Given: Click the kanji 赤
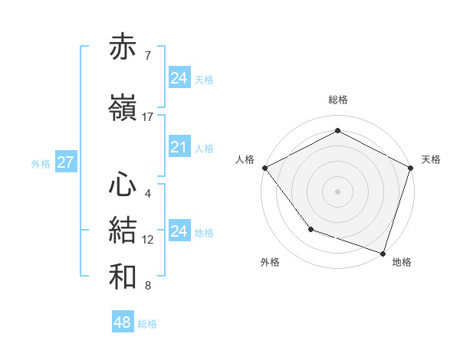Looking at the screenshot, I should [123, 47].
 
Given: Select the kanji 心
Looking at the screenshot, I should [123, 185].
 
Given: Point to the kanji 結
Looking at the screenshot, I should [123, 231].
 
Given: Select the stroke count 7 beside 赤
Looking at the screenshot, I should [147, 56].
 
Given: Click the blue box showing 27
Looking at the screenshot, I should [65, 162].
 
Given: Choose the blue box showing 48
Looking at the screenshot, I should [123, 322].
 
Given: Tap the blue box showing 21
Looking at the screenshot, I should [179, 147].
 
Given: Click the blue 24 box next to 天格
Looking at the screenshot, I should [179, 77].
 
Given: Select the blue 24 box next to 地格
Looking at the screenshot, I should [179, 231].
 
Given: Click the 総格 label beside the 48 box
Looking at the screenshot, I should [147, 324].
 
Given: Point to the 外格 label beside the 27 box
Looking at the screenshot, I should [41, 164].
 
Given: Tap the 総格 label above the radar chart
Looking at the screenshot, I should [337, 100].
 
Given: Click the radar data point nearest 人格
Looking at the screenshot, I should [264, 167].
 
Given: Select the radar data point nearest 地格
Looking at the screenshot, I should [383, 252].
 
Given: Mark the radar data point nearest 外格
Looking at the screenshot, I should [310, 228].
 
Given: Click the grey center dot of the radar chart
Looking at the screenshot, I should [337, 190].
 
